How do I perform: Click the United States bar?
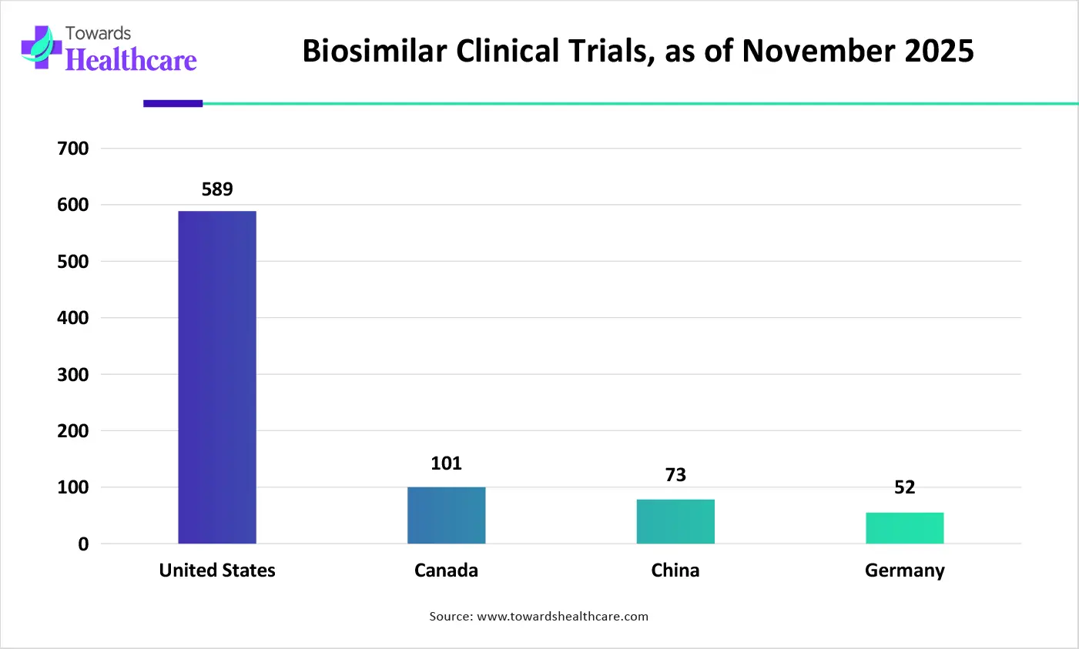coord(217,377)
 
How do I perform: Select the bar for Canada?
coord(446,515)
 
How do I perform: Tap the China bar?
coord(675,521)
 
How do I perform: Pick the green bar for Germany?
coord(904,528)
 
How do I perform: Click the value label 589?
coord(217,189)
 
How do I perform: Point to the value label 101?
coord(446,463)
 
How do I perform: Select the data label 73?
coord(675,475)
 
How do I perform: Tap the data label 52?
coord(904,487)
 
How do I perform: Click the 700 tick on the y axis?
coord(73,149)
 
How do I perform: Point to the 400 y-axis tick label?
coord(73,318)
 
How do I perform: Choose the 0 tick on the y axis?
coord(83,544)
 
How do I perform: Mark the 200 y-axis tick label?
coord(73,431)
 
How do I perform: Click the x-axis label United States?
coord(217,570)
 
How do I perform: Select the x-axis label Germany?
coord(904,570)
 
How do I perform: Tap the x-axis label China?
coord(675,570)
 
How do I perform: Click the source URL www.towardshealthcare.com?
coord(562,617)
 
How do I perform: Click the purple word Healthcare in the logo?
coord(131,60)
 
